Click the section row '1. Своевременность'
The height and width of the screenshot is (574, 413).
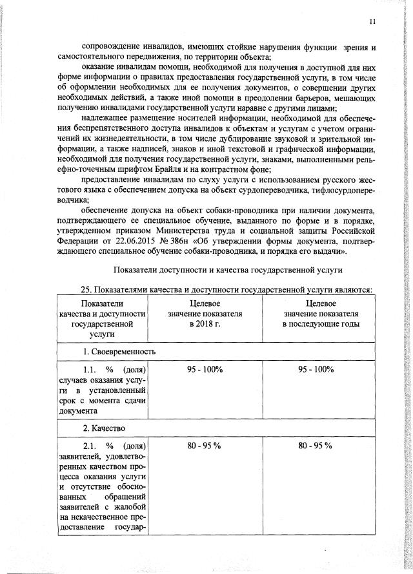[119, 352]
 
